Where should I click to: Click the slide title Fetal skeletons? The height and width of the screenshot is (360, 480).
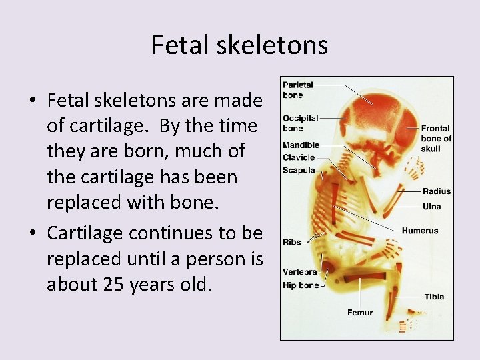(239, 45)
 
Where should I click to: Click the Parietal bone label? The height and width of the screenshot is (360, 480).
(297, 90)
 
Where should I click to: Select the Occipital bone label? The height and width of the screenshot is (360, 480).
(300, 123)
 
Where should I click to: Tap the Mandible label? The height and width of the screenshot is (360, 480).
(301, 145)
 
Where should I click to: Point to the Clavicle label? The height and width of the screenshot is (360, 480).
(299, 157)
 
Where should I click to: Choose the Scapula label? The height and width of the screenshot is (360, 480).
(299, 170)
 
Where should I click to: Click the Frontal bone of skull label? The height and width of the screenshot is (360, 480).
(435, 139)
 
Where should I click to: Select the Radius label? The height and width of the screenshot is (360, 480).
(436, 191)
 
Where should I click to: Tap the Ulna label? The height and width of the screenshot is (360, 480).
(431, 206)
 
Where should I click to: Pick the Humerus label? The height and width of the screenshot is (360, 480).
(420, 231)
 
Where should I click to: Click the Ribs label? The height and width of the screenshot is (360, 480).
(291, 241)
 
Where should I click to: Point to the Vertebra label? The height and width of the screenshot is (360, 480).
(299, 272)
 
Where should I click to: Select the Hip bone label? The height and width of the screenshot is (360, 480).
(301, 285)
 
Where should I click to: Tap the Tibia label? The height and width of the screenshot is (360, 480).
(434, 297)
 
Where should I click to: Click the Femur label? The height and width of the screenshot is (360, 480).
(360, 312)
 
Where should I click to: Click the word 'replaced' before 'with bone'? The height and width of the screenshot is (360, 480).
(85, 203)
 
